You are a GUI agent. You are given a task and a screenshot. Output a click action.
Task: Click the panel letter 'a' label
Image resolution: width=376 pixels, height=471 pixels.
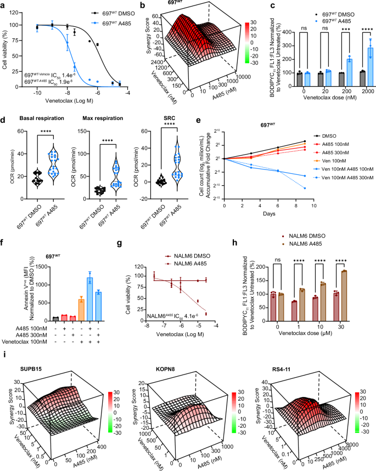[4, 4]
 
